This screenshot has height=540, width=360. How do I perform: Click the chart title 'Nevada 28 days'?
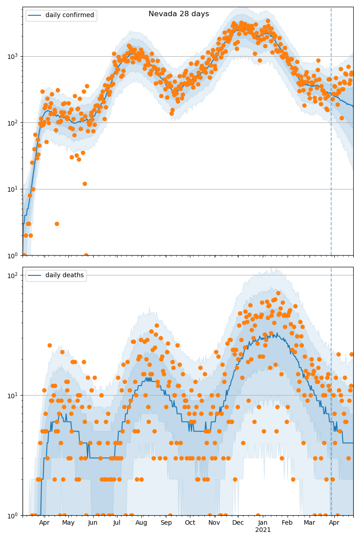click(179, 14)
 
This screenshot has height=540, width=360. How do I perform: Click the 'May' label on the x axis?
click(68, 522)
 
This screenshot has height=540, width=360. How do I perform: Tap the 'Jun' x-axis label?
click(93, 522)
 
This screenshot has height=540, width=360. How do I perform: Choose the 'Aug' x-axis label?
click(142, 522)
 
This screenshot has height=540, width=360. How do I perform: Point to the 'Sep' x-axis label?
click(166, 522)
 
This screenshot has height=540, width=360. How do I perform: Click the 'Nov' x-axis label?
click(214, 522)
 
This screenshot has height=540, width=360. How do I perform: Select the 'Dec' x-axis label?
click(238, 522)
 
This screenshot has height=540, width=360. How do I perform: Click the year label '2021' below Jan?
click(263, 530)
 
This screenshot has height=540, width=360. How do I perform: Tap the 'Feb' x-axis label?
click(287, 522)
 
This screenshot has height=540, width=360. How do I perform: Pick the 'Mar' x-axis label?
click(310, 522)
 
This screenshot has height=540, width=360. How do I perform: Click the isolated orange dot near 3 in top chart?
click(57, 224)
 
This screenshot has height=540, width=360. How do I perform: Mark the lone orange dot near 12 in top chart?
click(85, 184)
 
